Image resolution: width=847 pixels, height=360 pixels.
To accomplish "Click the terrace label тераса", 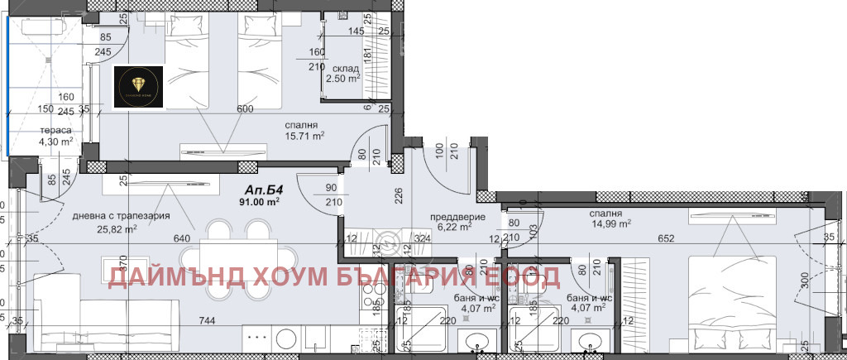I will (x=55, y=131).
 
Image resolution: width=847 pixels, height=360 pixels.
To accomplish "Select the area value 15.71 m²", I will (x=305, y=136).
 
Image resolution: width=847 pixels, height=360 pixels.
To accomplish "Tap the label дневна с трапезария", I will (x=121, y=216).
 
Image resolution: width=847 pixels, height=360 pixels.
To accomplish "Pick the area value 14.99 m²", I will (x=611, y=223).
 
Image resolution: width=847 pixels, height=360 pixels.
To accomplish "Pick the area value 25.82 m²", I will (x=115, y=230).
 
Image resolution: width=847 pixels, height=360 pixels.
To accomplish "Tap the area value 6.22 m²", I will (x=454, y=226).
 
